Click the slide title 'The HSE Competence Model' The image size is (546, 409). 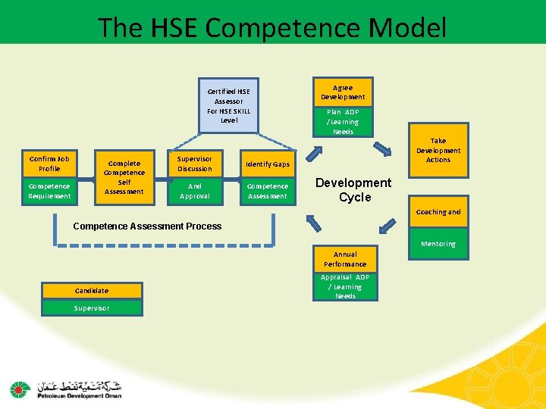click(272, 28)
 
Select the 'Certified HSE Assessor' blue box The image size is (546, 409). click(228, 105)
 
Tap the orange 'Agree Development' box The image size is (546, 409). click(343, 92)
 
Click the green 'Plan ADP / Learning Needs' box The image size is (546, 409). click(343, 121)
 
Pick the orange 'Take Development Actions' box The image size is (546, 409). click(438, 150)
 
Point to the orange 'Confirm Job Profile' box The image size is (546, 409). click(49, 164)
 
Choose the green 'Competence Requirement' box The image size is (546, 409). click(49, 191)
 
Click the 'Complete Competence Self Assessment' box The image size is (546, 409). click(124, 177)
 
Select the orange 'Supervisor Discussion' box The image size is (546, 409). click(195, 164)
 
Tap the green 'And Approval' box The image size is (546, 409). click(195, 191)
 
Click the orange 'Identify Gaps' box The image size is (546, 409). click(268, 164)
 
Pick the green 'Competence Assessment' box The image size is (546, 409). click(268, 191)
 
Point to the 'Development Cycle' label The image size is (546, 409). click(353, 190)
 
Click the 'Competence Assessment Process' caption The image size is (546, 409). click(147, 226)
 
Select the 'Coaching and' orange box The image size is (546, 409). click(438, 212)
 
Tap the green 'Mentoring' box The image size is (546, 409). click(438, 243)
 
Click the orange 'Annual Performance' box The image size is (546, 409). click(345, 259)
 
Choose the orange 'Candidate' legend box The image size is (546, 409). click(92, 290)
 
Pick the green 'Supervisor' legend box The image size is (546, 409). click(92, 308)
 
